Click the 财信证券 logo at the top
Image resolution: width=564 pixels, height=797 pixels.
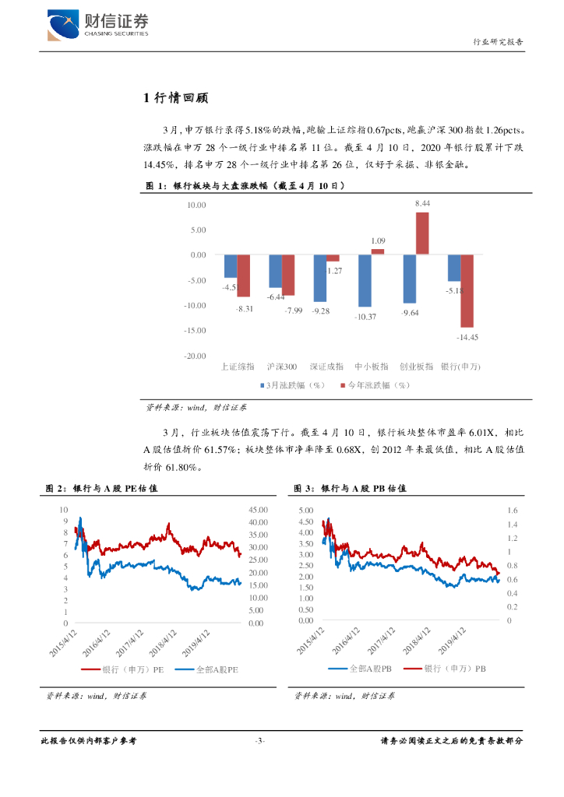pos(97,26)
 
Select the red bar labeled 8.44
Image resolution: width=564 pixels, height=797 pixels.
pos(422,233)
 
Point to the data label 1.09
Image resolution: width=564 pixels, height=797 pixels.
pos(378,241)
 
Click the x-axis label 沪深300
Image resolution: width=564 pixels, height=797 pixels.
pos(281,366)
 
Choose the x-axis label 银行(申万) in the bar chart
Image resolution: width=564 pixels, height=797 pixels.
pos(460,366)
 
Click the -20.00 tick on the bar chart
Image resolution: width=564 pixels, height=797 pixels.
pos(196,356)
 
